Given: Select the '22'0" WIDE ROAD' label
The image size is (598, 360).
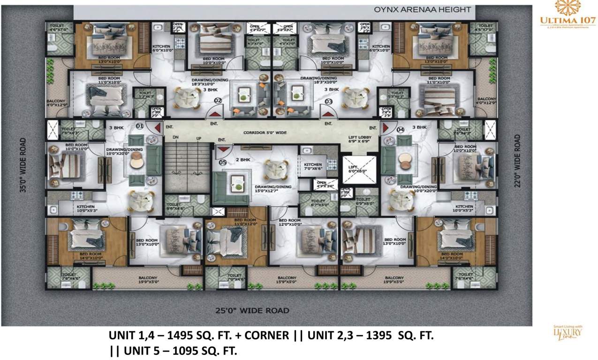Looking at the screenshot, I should pyautogui.click(x=517, y=161).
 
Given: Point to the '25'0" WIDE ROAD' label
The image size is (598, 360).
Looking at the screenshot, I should pyautogui.click(x=252, y=310).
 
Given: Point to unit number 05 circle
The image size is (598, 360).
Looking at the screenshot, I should pyautogui.click(x=222, y=162).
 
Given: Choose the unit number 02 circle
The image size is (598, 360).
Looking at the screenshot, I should pyautogui.click(x=218, y=100).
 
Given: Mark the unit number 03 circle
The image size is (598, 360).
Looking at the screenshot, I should pyautogui.click(x=328, y=100).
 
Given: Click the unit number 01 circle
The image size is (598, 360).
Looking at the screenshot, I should pyautogui.click(x=139, y=126).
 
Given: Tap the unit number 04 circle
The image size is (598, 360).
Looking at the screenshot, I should pyautogui.click(x=400, y=129).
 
